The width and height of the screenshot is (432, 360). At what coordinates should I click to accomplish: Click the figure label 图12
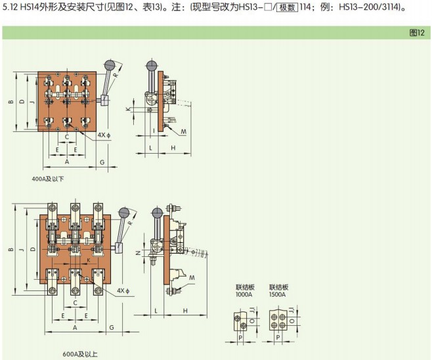coord(416,32)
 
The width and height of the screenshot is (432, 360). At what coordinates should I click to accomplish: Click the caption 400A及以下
coord(47,179)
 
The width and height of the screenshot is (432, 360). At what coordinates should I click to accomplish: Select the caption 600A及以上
coord(80,354)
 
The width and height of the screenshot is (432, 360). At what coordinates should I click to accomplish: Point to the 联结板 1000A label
coord(244,291)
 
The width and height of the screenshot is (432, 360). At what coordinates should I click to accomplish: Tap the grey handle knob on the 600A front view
coord(123,213)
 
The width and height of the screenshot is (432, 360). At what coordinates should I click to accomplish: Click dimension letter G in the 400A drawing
coord(102,161)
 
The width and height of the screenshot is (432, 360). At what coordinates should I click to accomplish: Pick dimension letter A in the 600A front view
coord(76,326)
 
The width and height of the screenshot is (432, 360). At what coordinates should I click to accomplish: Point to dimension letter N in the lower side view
coord(138,252)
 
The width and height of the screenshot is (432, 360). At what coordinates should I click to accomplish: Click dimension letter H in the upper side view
coord(173,148)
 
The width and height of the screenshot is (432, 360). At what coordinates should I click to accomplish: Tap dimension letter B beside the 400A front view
coord(11,102)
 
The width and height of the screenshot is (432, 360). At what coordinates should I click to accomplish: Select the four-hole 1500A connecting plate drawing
coord(278,323)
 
